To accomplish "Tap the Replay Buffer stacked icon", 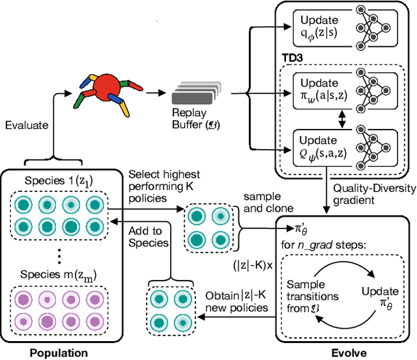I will pyautogui.click(x=194, y=94).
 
